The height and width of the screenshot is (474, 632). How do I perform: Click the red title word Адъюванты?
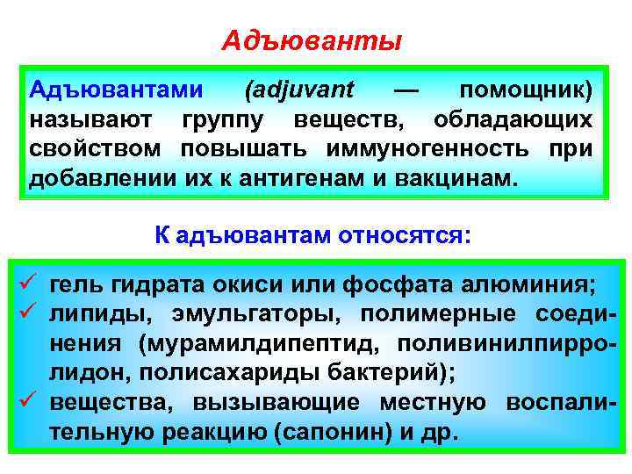click(312, 41)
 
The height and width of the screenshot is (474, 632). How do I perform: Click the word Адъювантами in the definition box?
click(116, 90)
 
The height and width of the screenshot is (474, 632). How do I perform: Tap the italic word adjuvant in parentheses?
click(300, 90)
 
